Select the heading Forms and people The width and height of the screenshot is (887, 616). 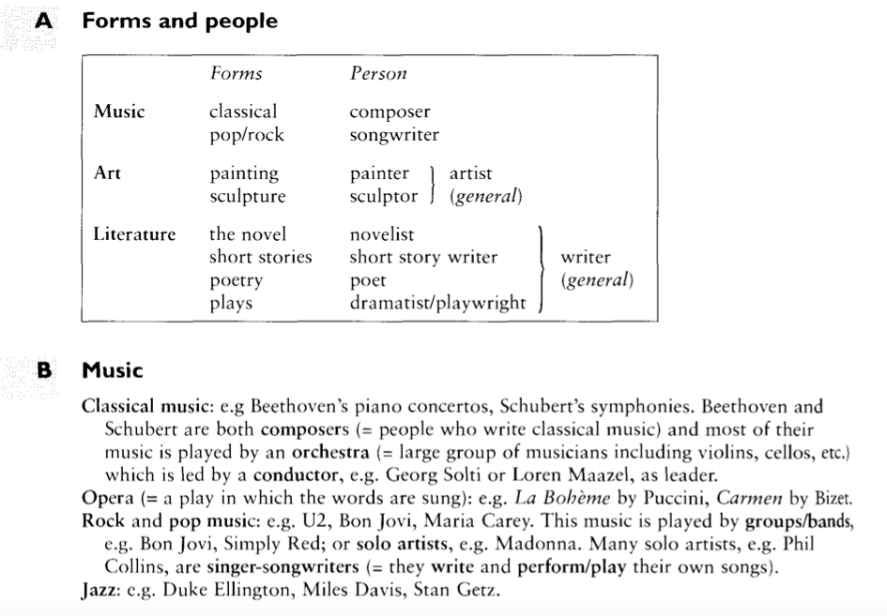tap(179, 21)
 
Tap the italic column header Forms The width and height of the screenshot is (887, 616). tap(236, 74)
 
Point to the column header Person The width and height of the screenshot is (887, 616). tap(378, 74)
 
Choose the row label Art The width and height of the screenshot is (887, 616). tap(107, 173)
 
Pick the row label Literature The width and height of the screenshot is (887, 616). tap(134, 234)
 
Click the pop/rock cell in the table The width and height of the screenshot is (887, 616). tap(246, 135)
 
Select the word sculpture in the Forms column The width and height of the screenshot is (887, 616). tap(248, 197)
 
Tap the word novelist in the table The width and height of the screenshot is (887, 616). tap(381, 234)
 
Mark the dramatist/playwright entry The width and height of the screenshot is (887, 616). tap(438, 304)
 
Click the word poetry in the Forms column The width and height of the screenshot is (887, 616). tap(237, 280)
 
